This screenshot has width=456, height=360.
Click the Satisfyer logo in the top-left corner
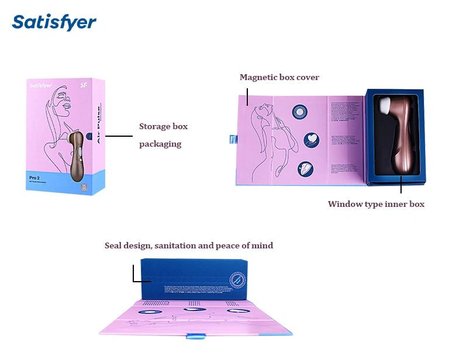click(54, 22)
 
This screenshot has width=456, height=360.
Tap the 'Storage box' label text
click(163, 126)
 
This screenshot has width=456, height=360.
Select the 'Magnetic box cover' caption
click(279, 77)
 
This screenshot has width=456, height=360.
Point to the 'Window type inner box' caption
click(376, 204)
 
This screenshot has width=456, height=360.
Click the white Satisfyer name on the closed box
click(41, 85)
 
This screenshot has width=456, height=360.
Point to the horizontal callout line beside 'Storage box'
click(119, 136)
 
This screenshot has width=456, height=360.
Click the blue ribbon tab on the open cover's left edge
click(231, 141)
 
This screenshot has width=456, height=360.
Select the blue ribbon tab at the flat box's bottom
click(195, 336)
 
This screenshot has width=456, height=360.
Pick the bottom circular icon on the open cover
click(306, 169)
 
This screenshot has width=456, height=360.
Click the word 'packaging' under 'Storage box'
click(160, 144)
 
